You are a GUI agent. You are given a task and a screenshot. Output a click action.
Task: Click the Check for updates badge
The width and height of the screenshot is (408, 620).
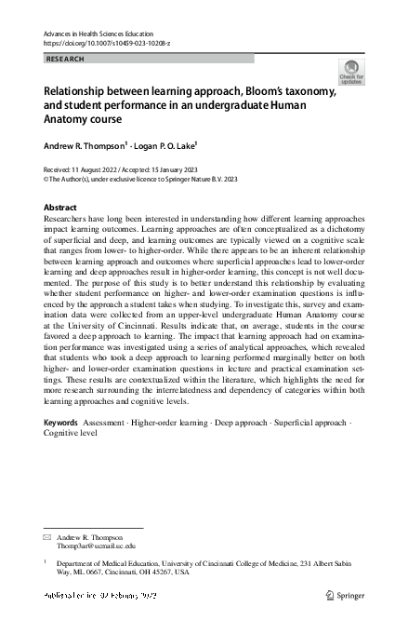click(350, 73)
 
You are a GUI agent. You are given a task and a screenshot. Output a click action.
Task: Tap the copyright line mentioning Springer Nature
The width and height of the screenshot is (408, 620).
click(140, 179)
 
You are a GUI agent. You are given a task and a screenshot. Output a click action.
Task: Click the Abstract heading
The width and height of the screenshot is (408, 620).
click(61, 207)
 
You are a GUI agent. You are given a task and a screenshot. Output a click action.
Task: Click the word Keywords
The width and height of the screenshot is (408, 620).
click(61, 423)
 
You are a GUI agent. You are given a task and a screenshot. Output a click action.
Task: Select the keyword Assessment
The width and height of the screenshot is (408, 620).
click(103, 423)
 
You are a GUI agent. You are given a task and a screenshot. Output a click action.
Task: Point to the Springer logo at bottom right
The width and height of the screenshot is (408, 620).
click(344, 594)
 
